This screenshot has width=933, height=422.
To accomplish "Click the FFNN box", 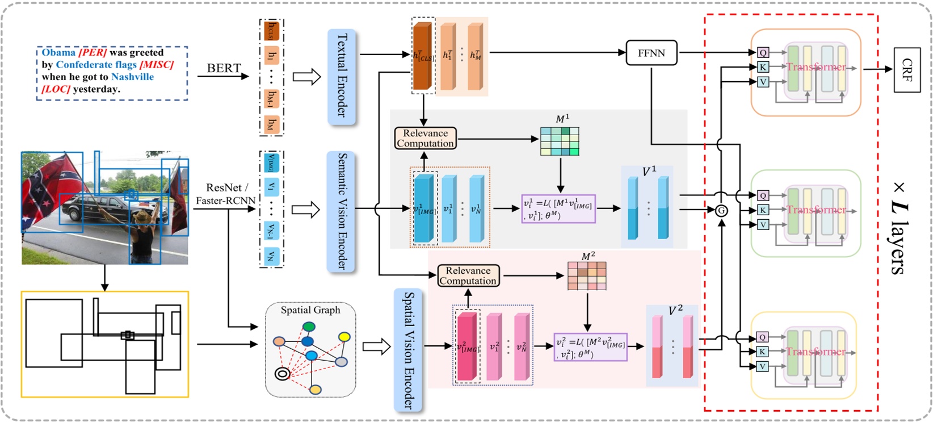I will pos(652,53).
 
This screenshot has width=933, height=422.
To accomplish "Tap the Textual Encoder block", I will pos(342,76).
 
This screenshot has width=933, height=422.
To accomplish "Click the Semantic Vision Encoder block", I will pos(342,211).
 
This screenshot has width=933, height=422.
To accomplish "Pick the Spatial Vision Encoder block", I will pos(408,350).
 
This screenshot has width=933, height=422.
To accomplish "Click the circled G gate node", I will pos(721,210).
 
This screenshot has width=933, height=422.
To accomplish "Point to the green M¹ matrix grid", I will pos(560,141).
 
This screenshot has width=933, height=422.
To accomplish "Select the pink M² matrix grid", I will pos(587,276).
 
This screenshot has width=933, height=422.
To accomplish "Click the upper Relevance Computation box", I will pos(425,138).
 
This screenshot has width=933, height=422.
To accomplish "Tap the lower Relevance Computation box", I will pos(468,275).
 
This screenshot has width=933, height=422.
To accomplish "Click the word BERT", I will pos(224,68).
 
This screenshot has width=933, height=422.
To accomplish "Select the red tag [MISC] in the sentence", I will pos(157,65).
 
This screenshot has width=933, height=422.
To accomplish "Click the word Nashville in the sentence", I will pos(132,77).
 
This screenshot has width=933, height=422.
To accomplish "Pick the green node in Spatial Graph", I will pos(309,327).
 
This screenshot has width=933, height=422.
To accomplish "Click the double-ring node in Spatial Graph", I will pos(282,373).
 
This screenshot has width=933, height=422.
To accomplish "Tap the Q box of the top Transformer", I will pos(763,52).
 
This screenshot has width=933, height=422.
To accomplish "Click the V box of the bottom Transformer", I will pos(763,366).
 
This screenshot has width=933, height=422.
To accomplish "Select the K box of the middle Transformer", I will pos(763,210).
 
